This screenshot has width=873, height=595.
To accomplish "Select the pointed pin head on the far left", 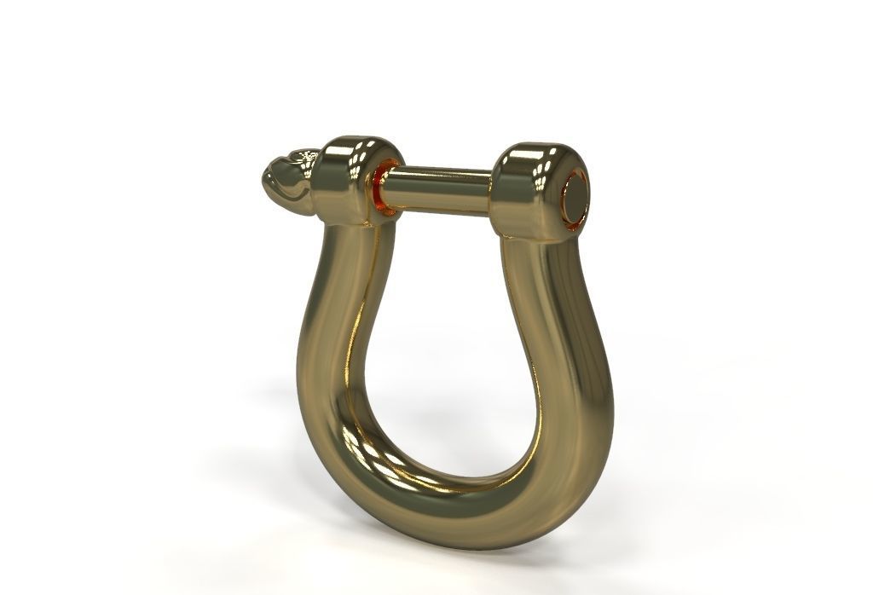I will pyautogui.click(x=286, y=181).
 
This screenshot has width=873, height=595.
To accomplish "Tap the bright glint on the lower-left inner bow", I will pyautogui.click(x=367, y=443).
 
